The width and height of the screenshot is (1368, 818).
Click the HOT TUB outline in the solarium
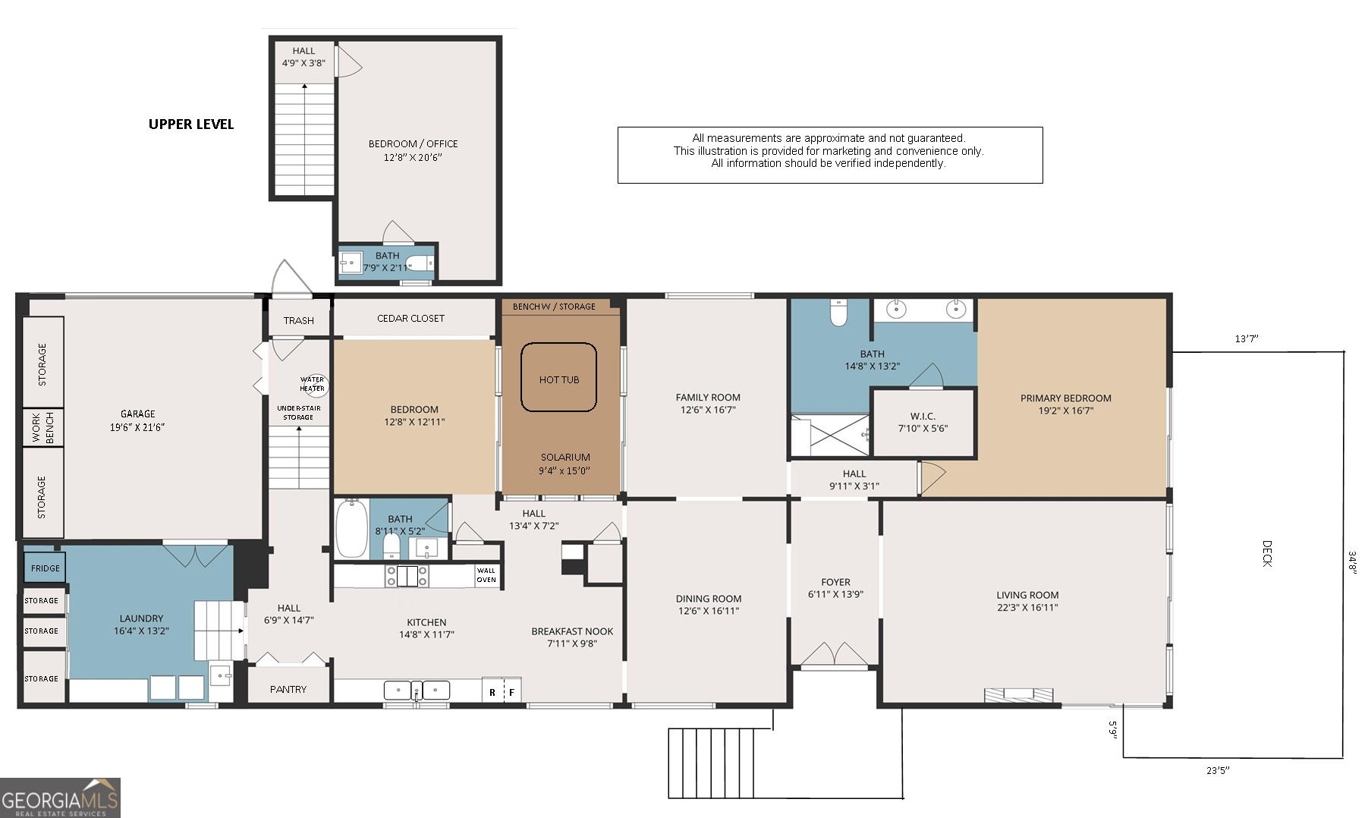pyautogui.click(x=558, y=378)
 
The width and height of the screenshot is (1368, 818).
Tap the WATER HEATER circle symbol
pyautogui.click(x=313, y=384)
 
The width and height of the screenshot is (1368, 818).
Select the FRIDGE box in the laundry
pyautogui.click(x=45, y=568)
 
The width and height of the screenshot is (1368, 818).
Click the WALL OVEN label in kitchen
pyautogui.click(x=486, y=575)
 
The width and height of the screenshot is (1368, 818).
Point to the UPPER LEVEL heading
pyautogui.click(x=191, y=124)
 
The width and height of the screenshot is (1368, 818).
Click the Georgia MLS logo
pyautogui.click(x=60, y=798)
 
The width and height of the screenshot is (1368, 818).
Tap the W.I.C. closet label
pyautogui.click(x=923, y=422)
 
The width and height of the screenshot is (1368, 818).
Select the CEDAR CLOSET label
pyautogui.click(x=410, y=318)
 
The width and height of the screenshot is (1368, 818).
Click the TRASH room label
pyautogui.click(x=298, y=320)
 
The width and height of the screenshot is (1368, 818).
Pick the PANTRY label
pyautogui.click(x=288, y=689)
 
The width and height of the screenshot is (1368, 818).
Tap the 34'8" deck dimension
pyautogui.click(x=1352, y=562)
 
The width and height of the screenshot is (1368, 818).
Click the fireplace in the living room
pyautogui.click(x=1018, y=694)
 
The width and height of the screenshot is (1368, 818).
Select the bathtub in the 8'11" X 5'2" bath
pyautogui.click(x=351, y=528)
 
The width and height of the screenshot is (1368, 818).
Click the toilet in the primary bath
pyautogui.click(x=838, y=312)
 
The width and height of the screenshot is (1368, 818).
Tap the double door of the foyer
pyautogui.click(x=835, y=655)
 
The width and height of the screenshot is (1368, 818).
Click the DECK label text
pyautogui.click(x=1266, y=553)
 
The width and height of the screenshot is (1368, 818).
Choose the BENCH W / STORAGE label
pyautogui.click(x=554, y=307)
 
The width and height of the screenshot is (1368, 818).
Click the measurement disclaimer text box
pyautogui.click(x=829, y=155)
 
